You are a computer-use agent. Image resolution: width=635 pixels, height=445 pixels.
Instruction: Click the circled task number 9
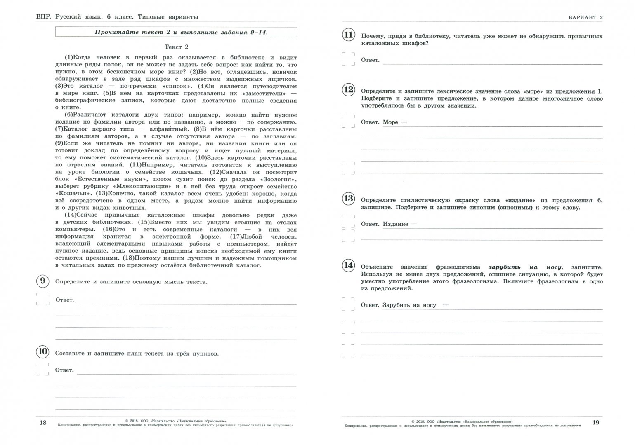(x=42, y=281)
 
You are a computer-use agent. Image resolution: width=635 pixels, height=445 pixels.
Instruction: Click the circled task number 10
(x=42, y=352)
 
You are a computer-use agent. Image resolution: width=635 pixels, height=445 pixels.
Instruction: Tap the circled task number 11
(x=348, y=35)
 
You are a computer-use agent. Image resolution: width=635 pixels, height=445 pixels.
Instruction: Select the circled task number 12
(x=348, y=90)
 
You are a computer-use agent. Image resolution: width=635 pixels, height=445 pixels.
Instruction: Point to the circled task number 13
(x=348, y=199)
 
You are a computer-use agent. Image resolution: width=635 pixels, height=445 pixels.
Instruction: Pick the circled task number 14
(x=348, y=265)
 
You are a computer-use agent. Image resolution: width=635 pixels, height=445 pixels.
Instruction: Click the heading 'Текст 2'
(x=176, y=47)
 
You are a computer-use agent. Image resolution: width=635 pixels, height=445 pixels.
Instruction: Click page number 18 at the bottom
(x=43, y=423)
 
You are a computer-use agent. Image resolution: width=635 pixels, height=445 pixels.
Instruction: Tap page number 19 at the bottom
(x=595, y=423)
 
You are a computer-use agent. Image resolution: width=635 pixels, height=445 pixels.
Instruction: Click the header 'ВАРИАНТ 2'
(x=585, y=17)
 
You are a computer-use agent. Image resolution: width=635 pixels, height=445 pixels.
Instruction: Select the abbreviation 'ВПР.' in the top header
(x=44, y=17)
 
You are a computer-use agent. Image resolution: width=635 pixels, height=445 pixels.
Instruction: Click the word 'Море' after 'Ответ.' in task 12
(x=390, y=122)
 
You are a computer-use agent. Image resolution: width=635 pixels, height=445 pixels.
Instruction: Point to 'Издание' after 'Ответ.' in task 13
(x=395, y=224)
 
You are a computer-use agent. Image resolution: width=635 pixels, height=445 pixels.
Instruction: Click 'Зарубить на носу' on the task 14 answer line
(x=409, y=305)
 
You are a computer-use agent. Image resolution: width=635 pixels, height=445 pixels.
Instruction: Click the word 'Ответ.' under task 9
(x=65, y=300)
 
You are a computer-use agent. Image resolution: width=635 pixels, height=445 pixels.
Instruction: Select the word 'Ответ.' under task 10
(x=65, y=370)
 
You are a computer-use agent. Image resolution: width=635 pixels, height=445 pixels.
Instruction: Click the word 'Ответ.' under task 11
(x=370, y=60)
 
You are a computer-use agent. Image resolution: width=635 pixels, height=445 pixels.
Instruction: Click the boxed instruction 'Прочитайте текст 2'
(x=176, y=32)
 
